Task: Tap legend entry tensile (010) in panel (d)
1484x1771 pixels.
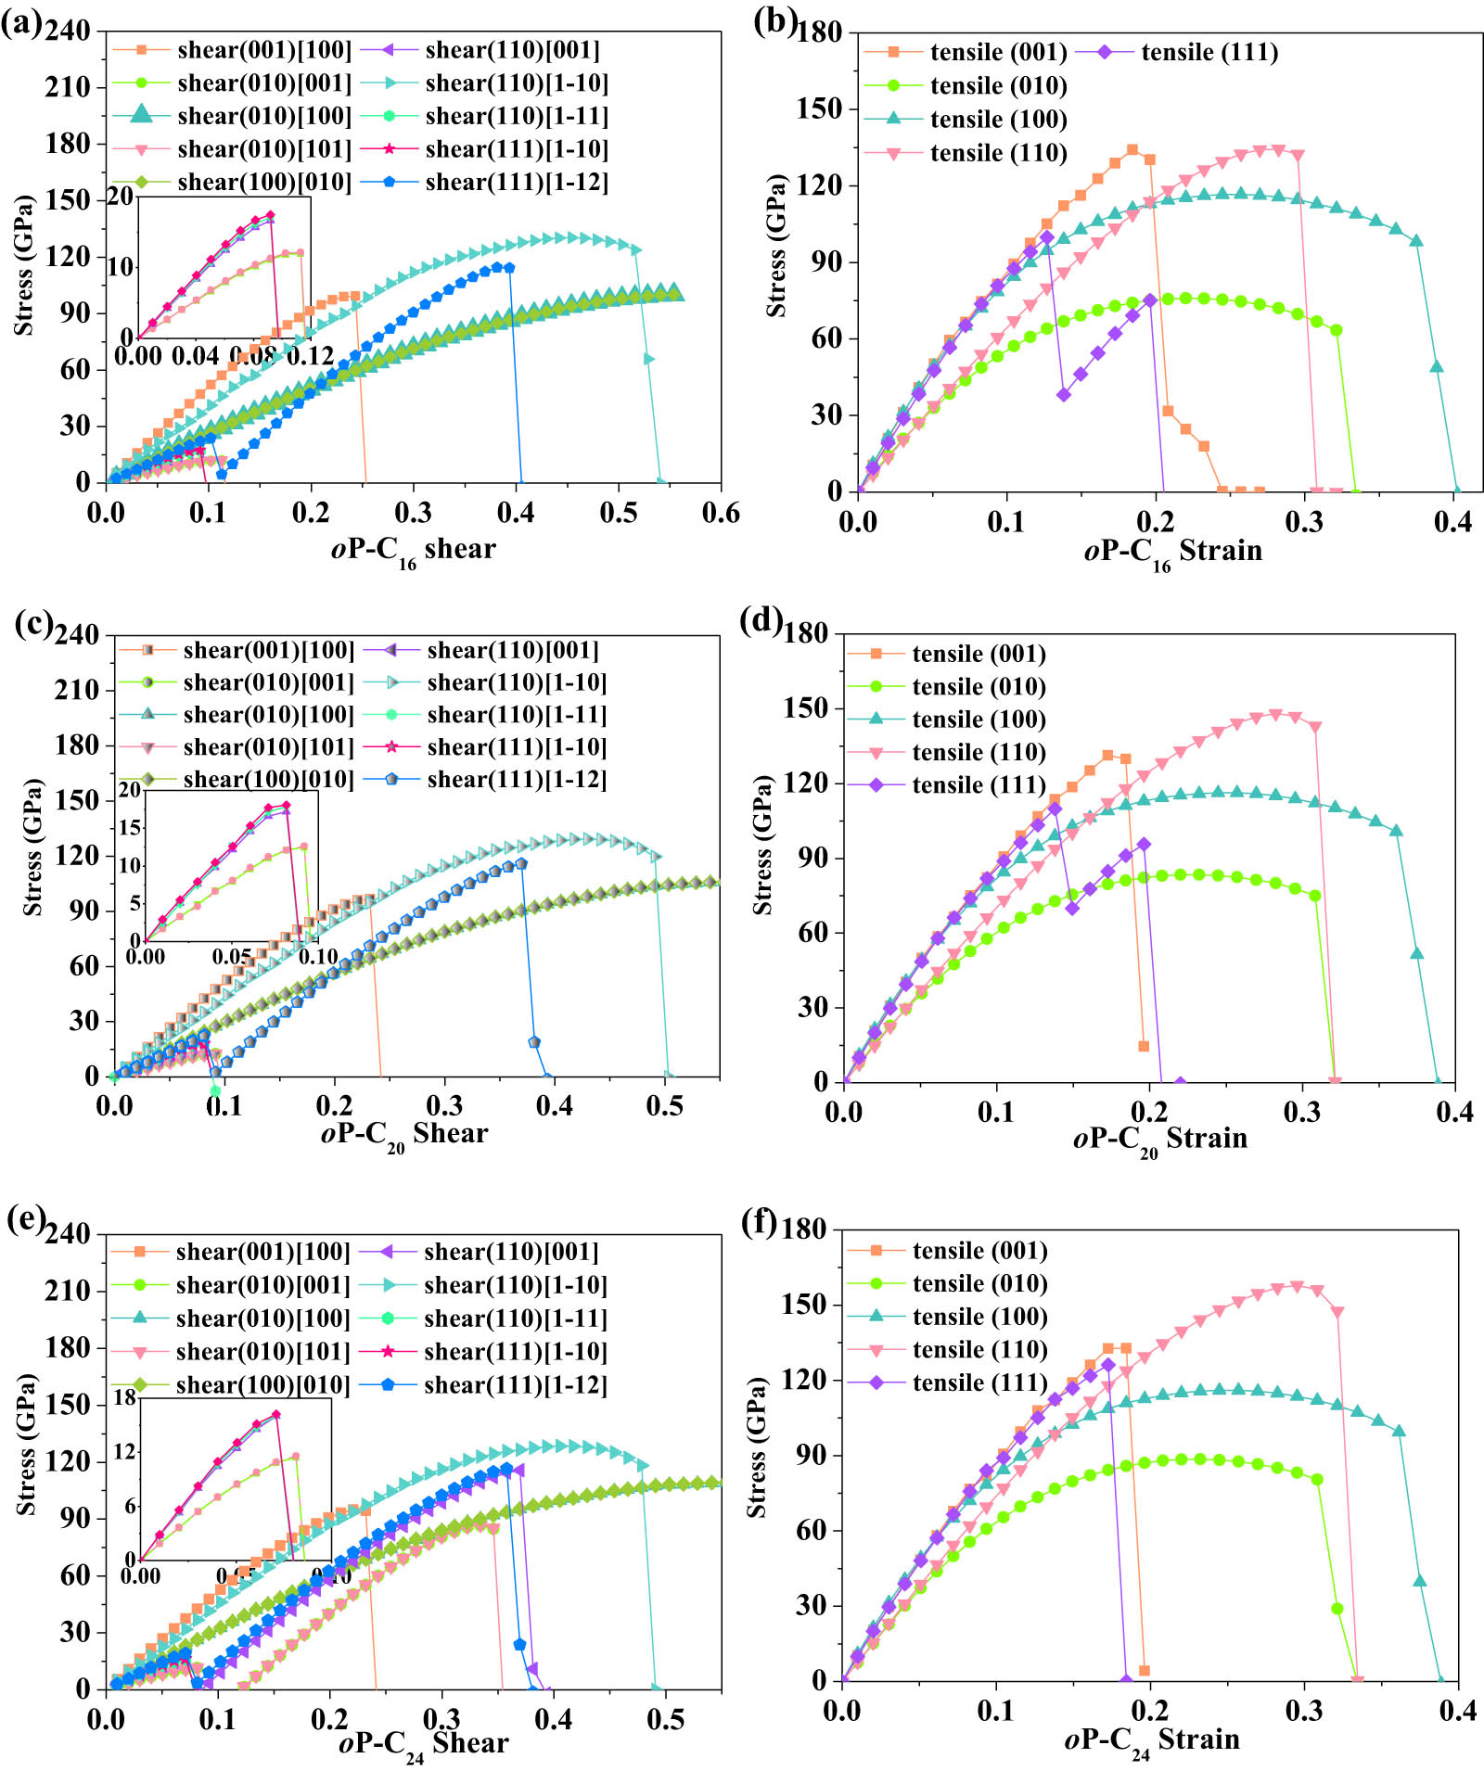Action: click(979, 687)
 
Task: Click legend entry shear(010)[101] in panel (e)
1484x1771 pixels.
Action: click(263, 1352)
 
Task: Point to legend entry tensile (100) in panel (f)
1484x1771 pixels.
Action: click(979, 1317)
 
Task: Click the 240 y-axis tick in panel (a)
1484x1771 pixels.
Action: click(68, 32)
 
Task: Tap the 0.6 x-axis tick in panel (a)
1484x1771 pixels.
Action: click(721, 513)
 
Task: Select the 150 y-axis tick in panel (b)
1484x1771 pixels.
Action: click(819, 108)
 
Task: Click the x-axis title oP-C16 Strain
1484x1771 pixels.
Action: click(1172, 553)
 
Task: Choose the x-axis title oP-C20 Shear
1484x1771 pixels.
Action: click(403, 1135)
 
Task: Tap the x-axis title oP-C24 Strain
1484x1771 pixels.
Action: click(1151, 1740)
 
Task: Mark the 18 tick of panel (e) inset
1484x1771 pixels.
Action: click(124, 1397)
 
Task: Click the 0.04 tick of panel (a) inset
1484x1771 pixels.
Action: click(196, 356)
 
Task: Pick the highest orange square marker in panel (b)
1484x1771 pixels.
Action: click(1132, 150)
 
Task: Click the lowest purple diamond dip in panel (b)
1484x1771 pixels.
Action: click(1064, 395)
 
